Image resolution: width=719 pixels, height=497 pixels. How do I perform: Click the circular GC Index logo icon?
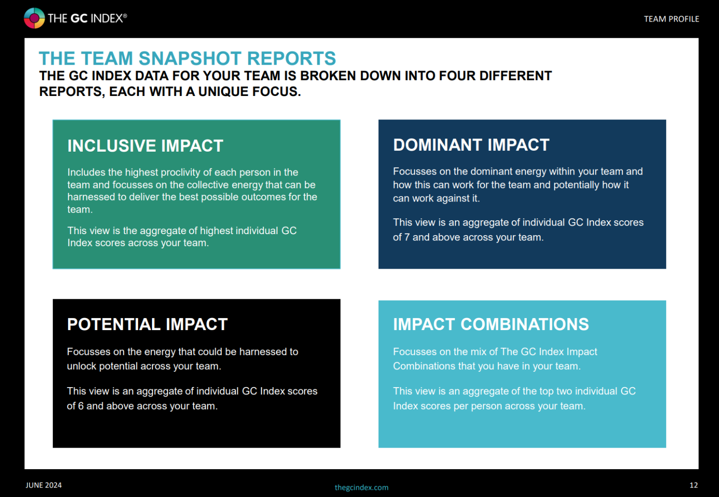point(34,18)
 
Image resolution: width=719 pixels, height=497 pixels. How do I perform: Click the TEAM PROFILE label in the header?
point(672,19)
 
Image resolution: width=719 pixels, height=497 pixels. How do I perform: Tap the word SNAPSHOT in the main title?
point(190,58)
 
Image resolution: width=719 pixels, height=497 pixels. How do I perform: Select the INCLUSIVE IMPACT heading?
point(145,145)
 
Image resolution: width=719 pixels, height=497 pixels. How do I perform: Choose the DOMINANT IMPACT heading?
point(471,145)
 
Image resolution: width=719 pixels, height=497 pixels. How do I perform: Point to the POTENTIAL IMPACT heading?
point(147,324)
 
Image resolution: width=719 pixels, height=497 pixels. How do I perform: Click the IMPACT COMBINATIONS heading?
point(491,324)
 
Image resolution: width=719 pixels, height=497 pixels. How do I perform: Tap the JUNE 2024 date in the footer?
point(44,485)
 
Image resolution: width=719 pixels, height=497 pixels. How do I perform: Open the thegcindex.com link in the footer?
point(361,487)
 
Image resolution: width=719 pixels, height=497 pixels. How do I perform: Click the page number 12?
point(694,485)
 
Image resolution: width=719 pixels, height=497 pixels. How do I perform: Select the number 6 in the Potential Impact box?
point(81,406)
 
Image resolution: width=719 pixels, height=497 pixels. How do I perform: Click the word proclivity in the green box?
point(180,173)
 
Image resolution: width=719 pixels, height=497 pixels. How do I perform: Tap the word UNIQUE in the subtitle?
point(223,92)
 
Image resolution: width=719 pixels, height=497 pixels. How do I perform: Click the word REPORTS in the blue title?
point(291,58)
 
